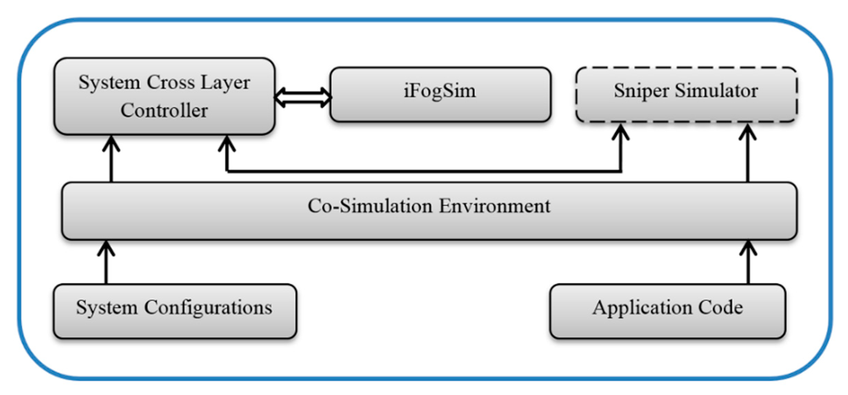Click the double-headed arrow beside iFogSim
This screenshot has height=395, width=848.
click(303, 97)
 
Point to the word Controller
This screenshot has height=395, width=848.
click(164, 111)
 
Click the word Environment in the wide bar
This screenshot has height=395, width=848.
click(495, 206)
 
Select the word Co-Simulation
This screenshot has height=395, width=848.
click(370, 206)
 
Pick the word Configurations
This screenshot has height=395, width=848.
click(208, 307)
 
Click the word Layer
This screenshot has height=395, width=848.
click(225, 83)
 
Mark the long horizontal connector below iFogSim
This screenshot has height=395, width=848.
click(424, 171)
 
